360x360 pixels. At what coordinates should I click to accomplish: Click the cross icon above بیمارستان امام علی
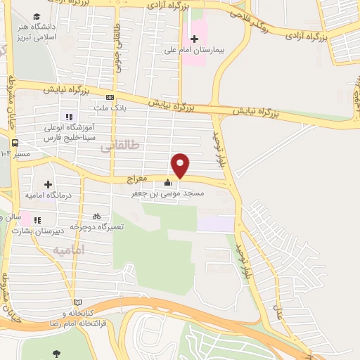(194, 38)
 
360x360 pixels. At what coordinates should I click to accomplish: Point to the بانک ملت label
(108, 108)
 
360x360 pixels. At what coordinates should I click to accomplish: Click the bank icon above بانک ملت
(110, 97)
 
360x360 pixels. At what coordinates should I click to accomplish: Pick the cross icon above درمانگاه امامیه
(48, 164)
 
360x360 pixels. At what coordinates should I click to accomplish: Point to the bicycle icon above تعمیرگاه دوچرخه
(96, 217)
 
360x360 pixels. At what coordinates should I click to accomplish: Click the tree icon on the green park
(56, 354)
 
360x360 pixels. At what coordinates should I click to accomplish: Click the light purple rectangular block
(215, 224)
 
